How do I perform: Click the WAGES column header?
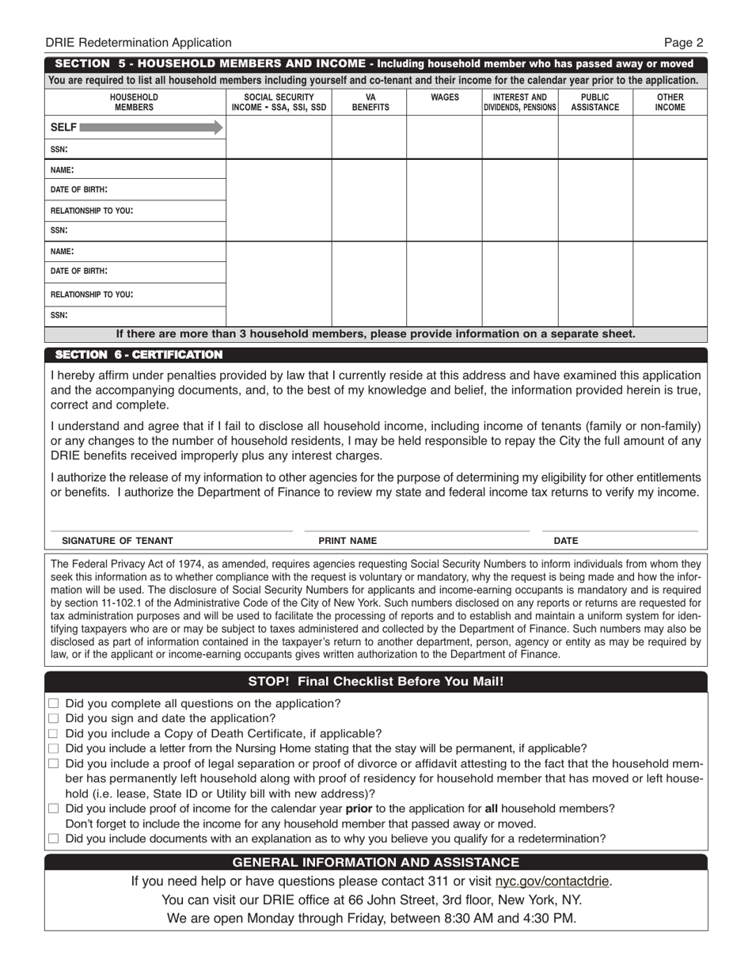444,97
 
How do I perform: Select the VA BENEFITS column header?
370,102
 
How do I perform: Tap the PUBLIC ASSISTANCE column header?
595,102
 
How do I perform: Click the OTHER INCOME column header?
670,102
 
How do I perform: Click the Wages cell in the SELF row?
444,138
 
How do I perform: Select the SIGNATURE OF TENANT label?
117,541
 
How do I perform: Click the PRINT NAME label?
348,541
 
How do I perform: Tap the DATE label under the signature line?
565,541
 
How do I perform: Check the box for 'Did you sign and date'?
54,718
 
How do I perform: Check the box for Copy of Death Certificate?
54,733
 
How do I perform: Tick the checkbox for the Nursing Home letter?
54,748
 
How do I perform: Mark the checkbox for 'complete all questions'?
54,703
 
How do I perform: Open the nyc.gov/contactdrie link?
553,881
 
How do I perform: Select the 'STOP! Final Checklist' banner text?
376,681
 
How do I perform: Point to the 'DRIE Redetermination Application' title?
139,43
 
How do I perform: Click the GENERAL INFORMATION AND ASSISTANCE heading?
376,862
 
